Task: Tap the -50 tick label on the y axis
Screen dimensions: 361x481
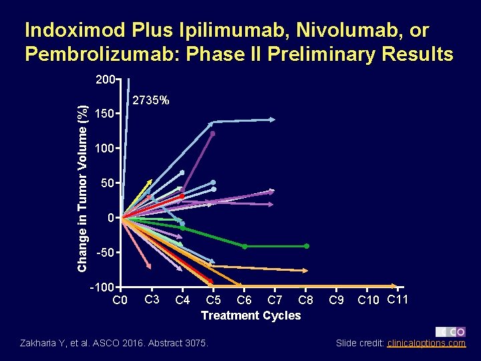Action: click(x=103, y=253)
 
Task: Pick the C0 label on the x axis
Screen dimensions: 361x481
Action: click(x=120, y=300)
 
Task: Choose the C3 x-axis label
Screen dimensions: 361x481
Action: click(x=152, y=298)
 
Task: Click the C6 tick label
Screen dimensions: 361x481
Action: click(x=245, y=300)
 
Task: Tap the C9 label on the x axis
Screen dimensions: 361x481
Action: click(x=337, y=300)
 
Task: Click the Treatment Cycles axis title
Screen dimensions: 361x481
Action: click(x=251, y=316)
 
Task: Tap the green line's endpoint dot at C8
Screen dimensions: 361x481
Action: click(x=307, y=246)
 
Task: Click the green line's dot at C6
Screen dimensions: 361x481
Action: click(x=245, y=246)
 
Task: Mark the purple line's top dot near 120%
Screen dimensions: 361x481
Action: click(x=213, y=134)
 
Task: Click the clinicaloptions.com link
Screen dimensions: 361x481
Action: click(x=426, y=343)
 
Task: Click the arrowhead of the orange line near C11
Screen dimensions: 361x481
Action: click(x=395, y=285)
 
